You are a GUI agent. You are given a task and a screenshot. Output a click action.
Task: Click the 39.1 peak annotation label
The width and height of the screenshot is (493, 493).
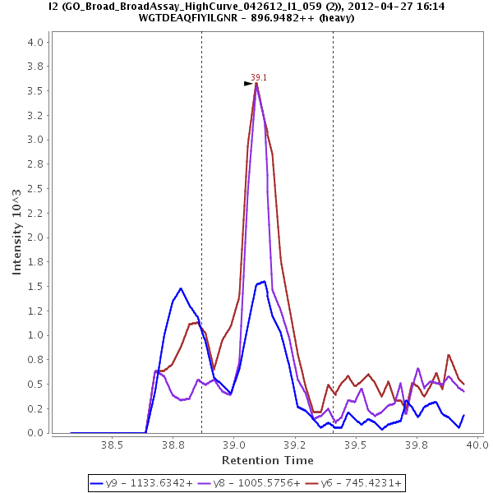pyautogui.click(x=259, y=77)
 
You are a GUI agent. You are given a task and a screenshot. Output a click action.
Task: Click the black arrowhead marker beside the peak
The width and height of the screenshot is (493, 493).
pyautogui.click(x=248, y=83)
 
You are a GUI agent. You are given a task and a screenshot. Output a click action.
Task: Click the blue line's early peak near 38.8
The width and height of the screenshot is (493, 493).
pyautogui.click(x=181, y=288)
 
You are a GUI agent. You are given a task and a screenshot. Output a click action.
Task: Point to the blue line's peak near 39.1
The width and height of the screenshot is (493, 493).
pyautogui.click(x=264, y=281)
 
